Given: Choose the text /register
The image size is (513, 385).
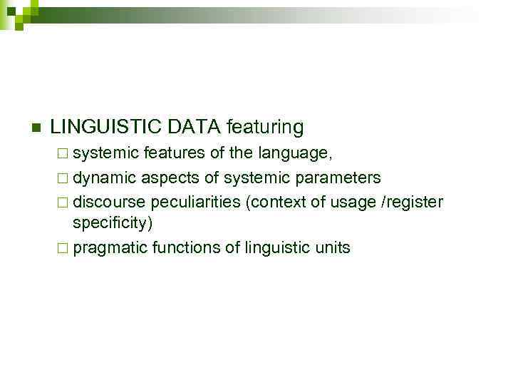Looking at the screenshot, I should point(414,202).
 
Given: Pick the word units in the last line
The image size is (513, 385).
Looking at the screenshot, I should point(333,248).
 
